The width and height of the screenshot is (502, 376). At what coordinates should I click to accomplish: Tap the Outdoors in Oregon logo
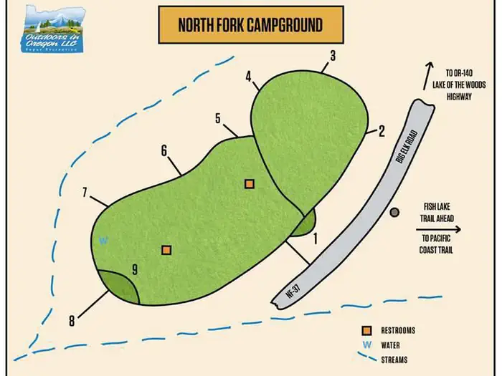coord(52,29)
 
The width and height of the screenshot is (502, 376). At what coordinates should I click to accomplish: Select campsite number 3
coord(333,56)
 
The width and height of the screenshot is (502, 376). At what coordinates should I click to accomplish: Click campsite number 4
coord(248,76)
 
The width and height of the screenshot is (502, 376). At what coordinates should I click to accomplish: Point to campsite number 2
coord(382,130)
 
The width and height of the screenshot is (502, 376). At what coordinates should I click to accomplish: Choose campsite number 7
coord(85,192)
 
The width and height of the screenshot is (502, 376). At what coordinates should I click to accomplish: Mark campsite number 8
coord(72,321)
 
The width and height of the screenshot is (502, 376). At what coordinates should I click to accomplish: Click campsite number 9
coord(134,270)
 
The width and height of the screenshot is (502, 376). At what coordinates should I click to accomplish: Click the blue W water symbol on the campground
coord(103,241)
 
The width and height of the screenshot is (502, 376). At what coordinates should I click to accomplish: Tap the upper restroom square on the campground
coord(249,183)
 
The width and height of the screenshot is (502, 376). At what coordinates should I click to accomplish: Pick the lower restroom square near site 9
coord(166,250)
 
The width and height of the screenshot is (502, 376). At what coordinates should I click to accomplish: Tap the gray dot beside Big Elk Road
coord(394,212)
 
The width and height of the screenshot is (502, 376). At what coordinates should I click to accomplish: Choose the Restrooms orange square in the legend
coord(366,330)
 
